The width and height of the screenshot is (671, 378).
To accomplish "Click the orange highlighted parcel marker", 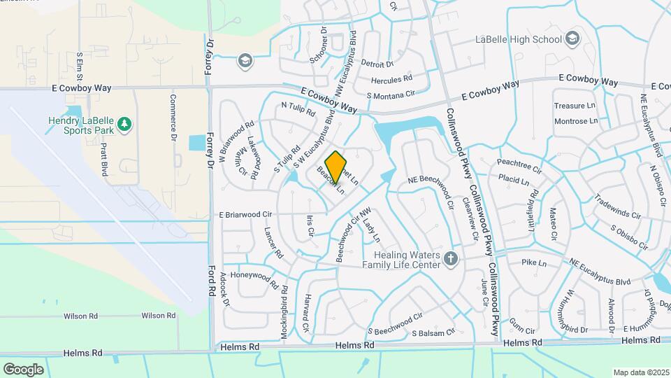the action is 336,167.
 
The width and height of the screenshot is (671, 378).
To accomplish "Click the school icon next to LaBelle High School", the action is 573,37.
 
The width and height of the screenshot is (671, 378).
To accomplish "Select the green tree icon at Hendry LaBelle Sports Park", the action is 124,124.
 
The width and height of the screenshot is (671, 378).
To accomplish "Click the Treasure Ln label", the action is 569,106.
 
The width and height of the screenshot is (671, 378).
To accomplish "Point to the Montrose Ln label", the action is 575,121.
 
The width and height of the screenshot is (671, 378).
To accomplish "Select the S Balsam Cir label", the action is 433,332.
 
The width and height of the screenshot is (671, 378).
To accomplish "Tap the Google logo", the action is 23,369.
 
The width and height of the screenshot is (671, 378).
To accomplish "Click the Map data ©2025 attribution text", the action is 641,372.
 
